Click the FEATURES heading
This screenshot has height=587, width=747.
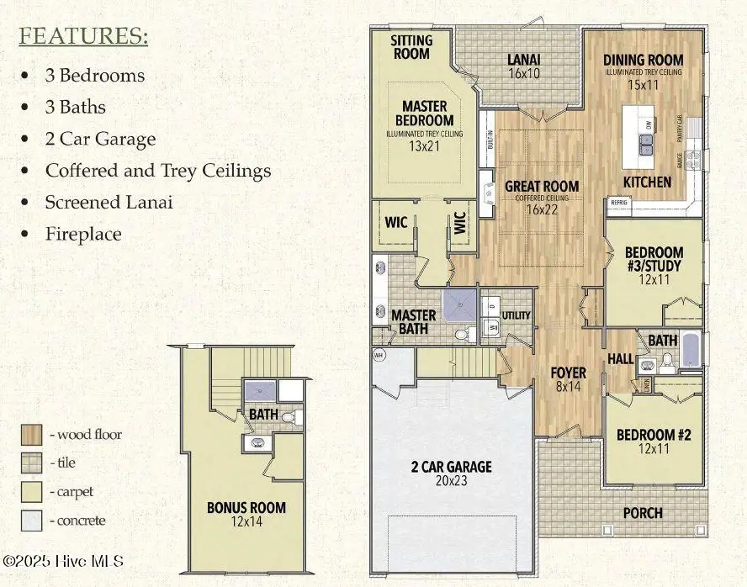pyautogui.click(x=83, y=36)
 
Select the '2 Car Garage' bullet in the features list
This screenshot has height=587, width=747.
pyautogui.click(x=100, y=139)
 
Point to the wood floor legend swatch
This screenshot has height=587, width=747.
pyautogui.click(x=33, y=435)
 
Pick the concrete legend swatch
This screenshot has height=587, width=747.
pyautogui.click(x=33, y=520)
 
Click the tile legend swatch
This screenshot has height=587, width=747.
pyautogui.click(x=33, y=463)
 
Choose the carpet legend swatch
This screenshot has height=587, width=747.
pyautogui.click(x=33, y=491)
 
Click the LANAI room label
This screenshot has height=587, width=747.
pyautogui.click(x=523, y=60)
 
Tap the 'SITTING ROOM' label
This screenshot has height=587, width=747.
pyautogui.click(x=411, y=47)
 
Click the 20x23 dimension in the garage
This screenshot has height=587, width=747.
pyautogui.click(x=450, y=482)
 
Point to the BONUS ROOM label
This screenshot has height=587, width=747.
pyautogui.click(x=246, y=508)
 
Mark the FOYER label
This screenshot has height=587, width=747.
pyautogui.click(x=568, y=373)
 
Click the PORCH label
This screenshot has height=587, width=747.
pyautogui.click(x=643, y=513)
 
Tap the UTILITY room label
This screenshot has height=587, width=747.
pyautogui.click(x=516, y=315)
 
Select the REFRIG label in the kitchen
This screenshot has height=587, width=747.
pyautogui.click(x=618, y=203)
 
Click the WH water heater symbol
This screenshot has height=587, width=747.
pyautogui.click(x=379, y=354)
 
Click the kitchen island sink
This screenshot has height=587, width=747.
pyautogui.click(x=646, y=143)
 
